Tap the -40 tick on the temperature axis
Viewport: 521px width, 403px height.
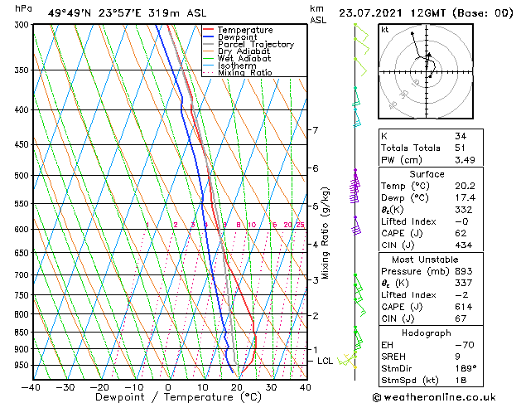point(31,386)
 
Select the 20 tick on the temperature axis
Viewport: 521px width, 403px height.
point(237,386)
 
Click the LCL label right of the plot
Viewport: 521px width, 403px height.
point(325,362)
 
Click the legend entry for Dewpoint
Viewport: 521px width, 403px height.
point(236,37)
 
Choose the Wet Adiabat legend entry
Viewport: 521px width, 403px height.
point(243,59)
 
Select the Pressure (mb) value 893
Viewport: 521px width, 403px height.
point(462,271)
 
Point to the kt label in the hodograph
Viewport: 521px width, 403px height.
point(385,29)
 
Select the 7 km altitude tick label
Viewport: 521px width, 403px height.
point(315,130)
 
